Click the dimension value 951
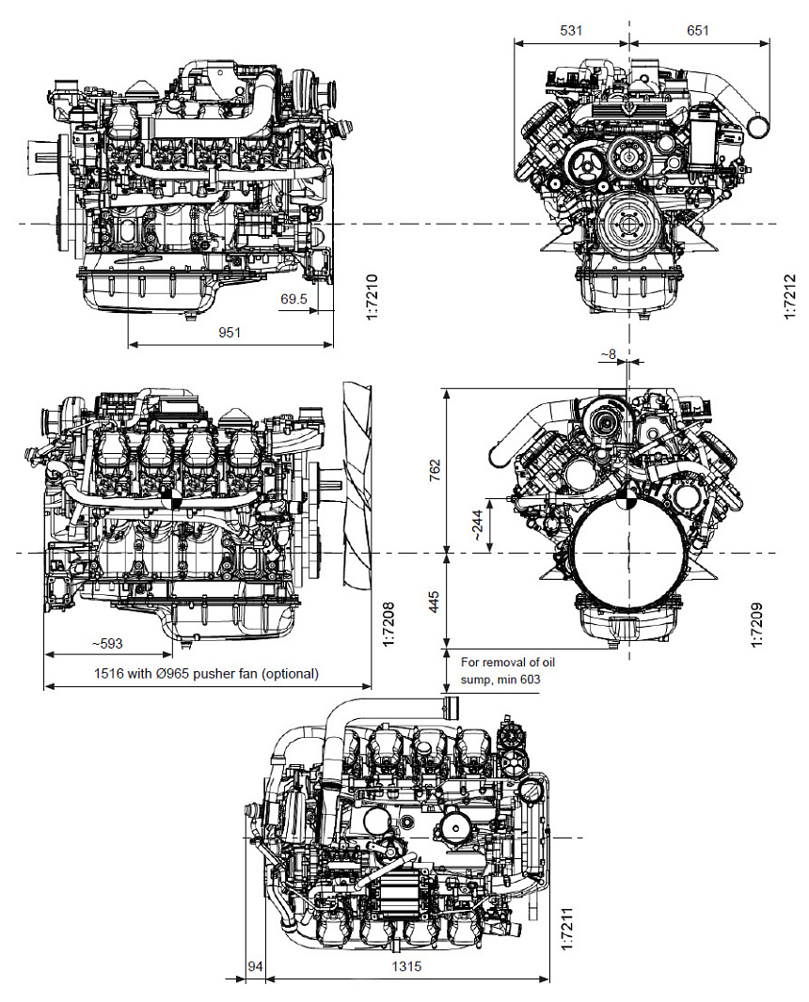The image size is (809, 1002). click(230, 333)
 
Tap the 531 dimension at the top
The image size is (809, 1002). click(571, 30)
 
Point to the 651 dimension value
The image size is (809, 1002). click(697, 30)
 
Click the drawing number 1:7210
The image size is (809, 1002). click(371, 296)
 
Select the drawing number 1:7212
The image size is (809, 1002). click(789, 296)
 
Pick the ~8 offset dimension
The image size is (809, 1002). click(609, 354)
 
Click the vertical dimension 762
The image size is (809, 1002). click(434, 471)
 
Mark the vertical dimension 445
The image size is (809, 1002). click(434, 602)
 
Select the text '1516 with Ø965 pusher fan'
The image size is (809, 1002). click(206, 673)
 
